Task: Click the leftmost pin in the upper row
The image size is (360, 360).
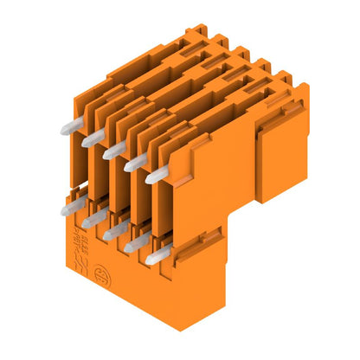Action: [x=68, y=126]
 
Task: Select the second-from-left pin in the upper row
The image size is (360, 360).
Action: [x=91, y=139]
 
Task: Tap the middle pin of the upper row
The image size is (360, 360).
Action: [x=112, y=152]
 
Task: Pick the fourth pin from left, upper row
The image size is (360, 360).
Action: [x=133, y=164]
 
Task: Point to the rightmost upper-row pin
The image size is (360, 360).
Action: [x=156, y=176]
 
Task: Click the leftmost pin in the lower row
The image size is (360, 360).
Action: [x=68, y=208]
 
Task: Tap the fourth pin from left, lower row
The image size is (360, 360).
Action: [x=133, y=245]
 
